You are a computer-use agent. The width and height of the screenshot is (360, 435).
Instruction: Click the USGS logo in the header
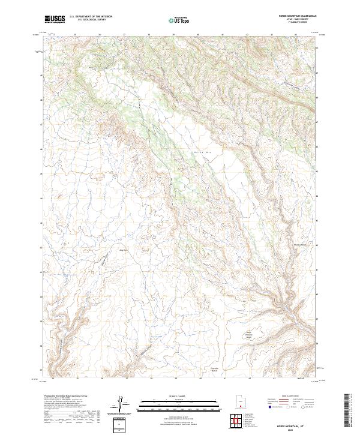point(55,19)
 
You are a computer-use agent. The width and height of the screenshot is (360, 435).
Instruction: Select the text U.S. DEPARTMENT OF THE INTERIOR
point(91,17)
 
